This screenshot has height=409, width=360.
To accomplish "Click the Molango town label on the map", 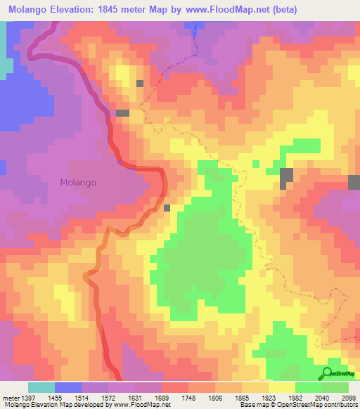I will point(78,181).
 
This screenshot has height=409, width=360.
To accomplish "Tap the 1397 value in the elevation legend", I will point(28,397).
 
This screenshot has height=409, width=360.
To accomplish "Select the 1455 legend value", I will point(68,397).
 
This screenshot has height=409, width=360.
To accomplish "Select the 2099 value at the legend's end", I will point(349,397).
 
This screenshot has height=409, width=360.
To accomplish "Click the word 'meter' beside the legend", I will point(10,397).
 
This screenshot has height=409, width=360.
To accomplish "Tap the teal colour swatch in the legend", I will point(41,387).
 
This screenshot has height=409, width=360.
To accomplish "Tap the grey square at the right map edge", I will point(354,182).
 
